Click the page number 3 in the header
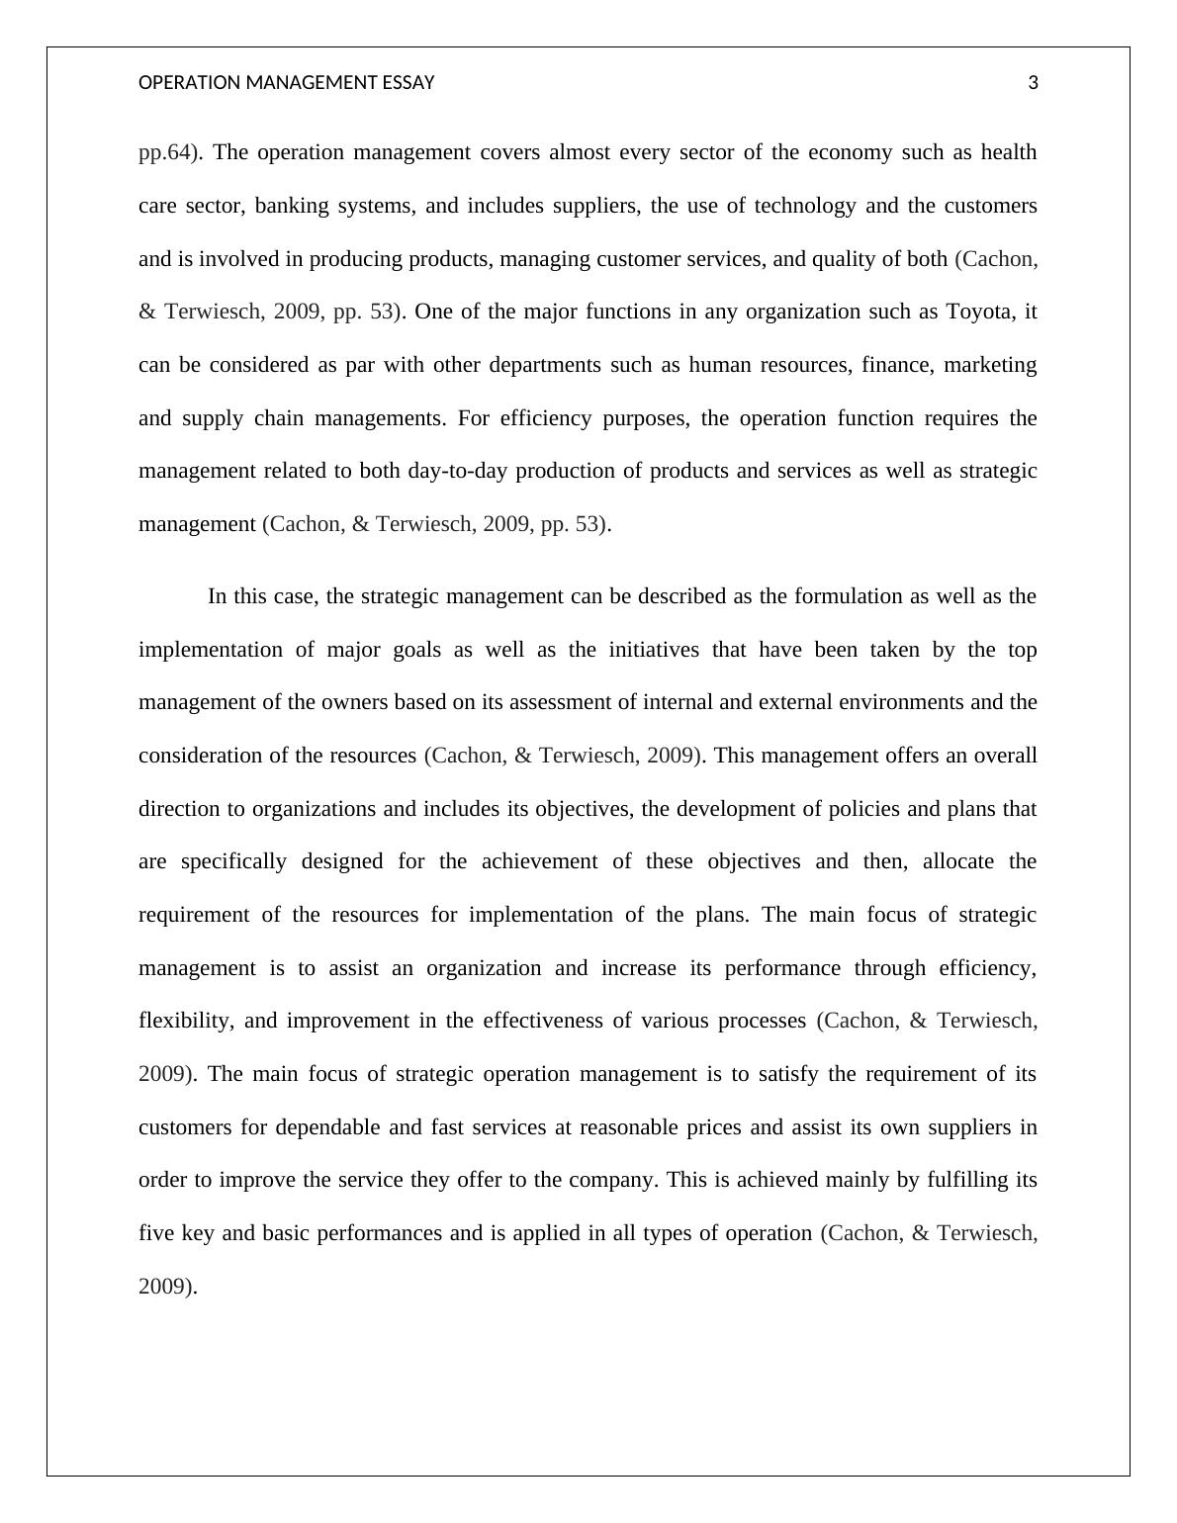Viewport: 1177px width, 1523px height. pyautogui.click(x=1033, y=83)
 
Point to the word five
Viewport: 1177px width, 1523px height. pyautogui.click(x=156, y=1233)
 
